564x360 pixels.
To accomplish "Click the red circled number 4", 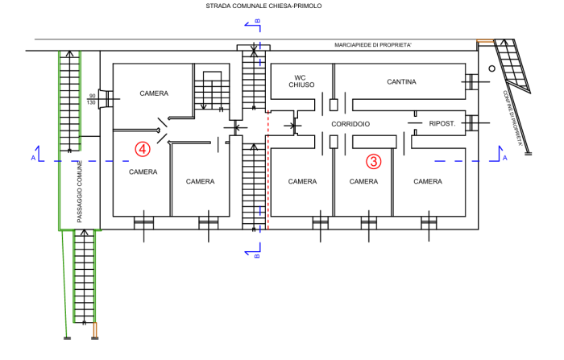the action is pyautogui.click(x=143, y=149).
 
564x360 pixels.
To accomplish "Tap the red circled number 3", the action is pyautogui.click(x=374, y=162).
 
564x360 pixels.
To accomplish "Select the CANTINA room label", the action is pyautogui.click(x=401, y=82).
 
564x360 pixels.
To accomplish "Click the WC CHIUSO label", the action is pyautogui.click(x=301, y=81).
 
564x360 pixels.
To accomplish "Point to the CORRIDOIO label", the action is pyautogui.click(x=350, y=124).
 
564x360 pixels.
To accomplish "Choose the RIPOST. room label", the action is pyautogui.click(x=442, y=124).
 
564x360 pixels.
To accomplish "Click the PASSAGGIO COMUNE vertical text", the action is pyautogui.click(x=80, y=192).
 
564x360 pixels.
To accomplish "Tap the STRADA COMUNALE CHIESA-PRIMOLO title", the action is pyautogui.click(x=263, y=6).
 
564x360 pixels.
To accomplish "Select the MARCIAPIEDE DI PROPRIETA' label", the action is pyautogui.click(x=373, y=45).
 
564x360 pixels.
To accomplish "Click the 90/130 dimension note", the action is pyautogui.click(x=91, y=99).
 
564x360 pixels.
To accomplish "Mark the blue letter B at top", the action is pyautogui.click(x=258, y=21).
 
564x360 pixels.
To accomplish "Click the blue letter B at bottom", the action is pyautogui.click(x=257, y=256).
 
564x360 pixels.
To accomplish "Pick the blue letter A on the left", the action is pyautogui.click(x=33, y=158).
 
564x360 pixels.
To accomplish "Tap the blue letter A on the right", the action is pyautogui.click(x=504, y=158).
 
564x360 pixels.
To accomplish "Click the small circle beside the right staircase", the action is pyautogui.click(x=491, y=68).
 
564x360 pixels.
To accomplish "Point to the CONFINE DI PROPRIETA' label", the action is pyautogui.click(x=512, y=118).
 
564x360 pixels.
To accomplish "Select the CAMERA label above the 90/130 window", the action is pyautogui.click(x=154, y=93).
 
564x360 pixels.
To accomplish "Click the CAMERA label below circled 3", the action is pyautogui.click(x=363, y=182).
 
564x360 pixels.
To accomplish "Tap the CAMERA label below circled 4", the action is pyautogui.click(x=143, y=172).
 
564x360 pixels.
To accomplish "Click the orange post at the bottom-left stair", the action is pyautogui.click(x=95, y=330).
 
